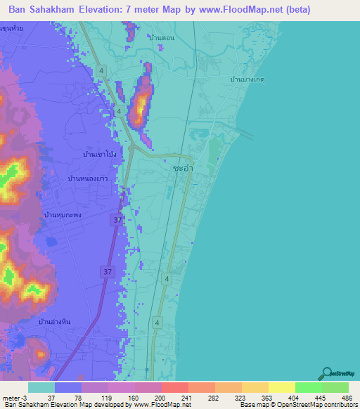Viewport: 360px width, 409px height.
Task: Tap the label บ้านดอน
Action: point(161,37)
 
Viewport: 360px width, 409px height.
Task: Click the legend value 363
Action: point(256,397)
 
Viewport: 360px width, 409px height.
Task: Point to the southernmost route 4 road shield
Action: point(157,322)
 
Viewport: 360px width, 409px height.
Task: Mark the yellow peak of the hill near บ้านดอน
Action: point(141,104)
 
